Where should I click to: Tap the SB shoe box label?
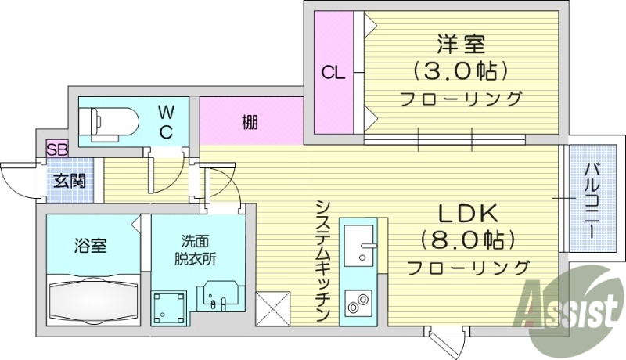pos(57,149)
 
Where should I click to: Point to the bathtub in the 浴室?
pos(94,298)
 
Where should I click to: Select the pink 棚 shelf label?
pos(250,123)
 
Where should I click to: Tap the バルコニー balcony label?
pos(592,199)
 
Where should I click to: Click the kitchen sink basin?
pos(362,242)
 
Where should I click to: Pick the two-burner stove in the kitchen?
pos(361,303)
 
